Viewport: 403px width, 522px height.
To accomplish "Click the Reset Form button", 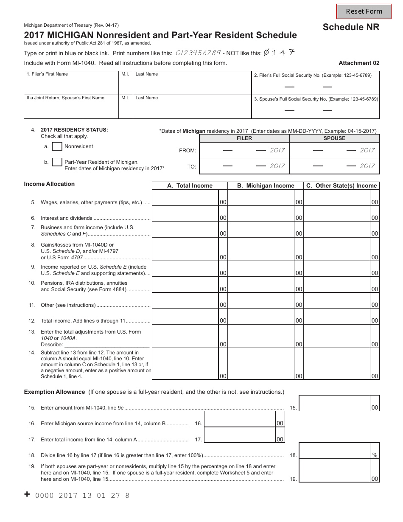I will click(364, 11).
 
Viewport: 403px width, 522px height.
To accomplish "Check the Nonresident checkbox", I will click(57, 146).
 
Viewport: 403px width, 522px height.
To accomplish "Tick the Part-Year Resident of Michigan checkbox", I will click(57, 162).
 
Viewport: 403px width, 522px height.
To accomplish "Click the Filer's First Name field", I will click(71, 85).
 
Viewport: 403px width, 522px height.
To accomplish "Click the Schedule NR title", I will click(351, 27).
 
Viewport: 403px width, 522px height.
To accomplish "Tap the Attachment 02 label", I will click(359, 63).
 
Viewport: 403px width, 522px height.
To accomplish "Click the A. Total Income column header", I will click(190, 185).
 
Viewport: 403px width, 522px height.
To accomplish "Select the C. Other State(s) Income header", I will click(341, 185).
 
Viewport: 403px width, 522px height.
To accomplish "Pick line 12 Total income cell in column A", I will click(185, 317).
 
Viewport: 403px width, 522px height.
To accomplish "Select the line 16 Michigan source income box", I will click(240, 419).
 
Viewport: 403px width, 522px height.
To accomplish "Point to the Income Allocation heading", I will click(49, 184).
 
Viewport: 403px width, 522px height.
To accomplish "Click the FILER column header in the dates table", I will click(244, 138).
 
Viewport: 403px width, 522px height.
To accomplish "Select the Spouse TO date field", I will click(334, 166).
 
